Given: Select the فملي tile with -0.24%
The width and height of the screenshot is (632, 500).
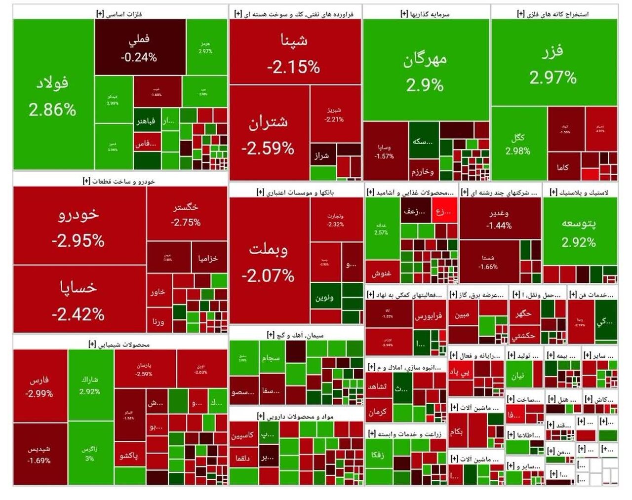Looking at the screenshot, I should [x=139, y=47].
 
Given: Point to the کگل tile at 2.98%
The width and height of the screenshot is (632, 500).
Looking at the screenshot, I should [x=518, y=144].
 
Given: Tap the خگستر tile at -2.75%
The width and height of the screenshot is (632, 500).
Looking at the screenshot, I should [x=186, y=214].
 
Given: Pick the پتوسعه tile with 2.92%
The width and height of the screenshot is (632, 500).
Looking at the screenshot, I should [x=579, y=231].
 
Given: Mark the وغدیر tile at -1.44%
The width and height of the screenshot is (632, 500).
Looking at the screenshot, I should [x=499, y=219].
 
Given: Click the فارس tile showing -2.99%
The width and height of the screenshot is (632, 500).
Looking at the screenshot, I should [x=39, y=386].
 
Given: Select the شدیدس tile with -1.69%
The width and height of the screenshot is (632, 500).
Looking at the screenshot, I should [x=39, y=454].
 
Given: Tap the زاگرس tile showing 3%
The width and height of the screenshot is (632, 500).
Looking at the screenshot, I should [x=90, y=453].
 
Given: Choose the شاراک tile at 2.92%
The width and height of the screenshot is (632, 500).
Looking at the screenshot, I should [x=90, y=385].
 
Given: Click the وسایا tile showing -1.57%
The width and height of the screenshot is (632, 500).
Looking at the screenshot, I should [x=385, y=151].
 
